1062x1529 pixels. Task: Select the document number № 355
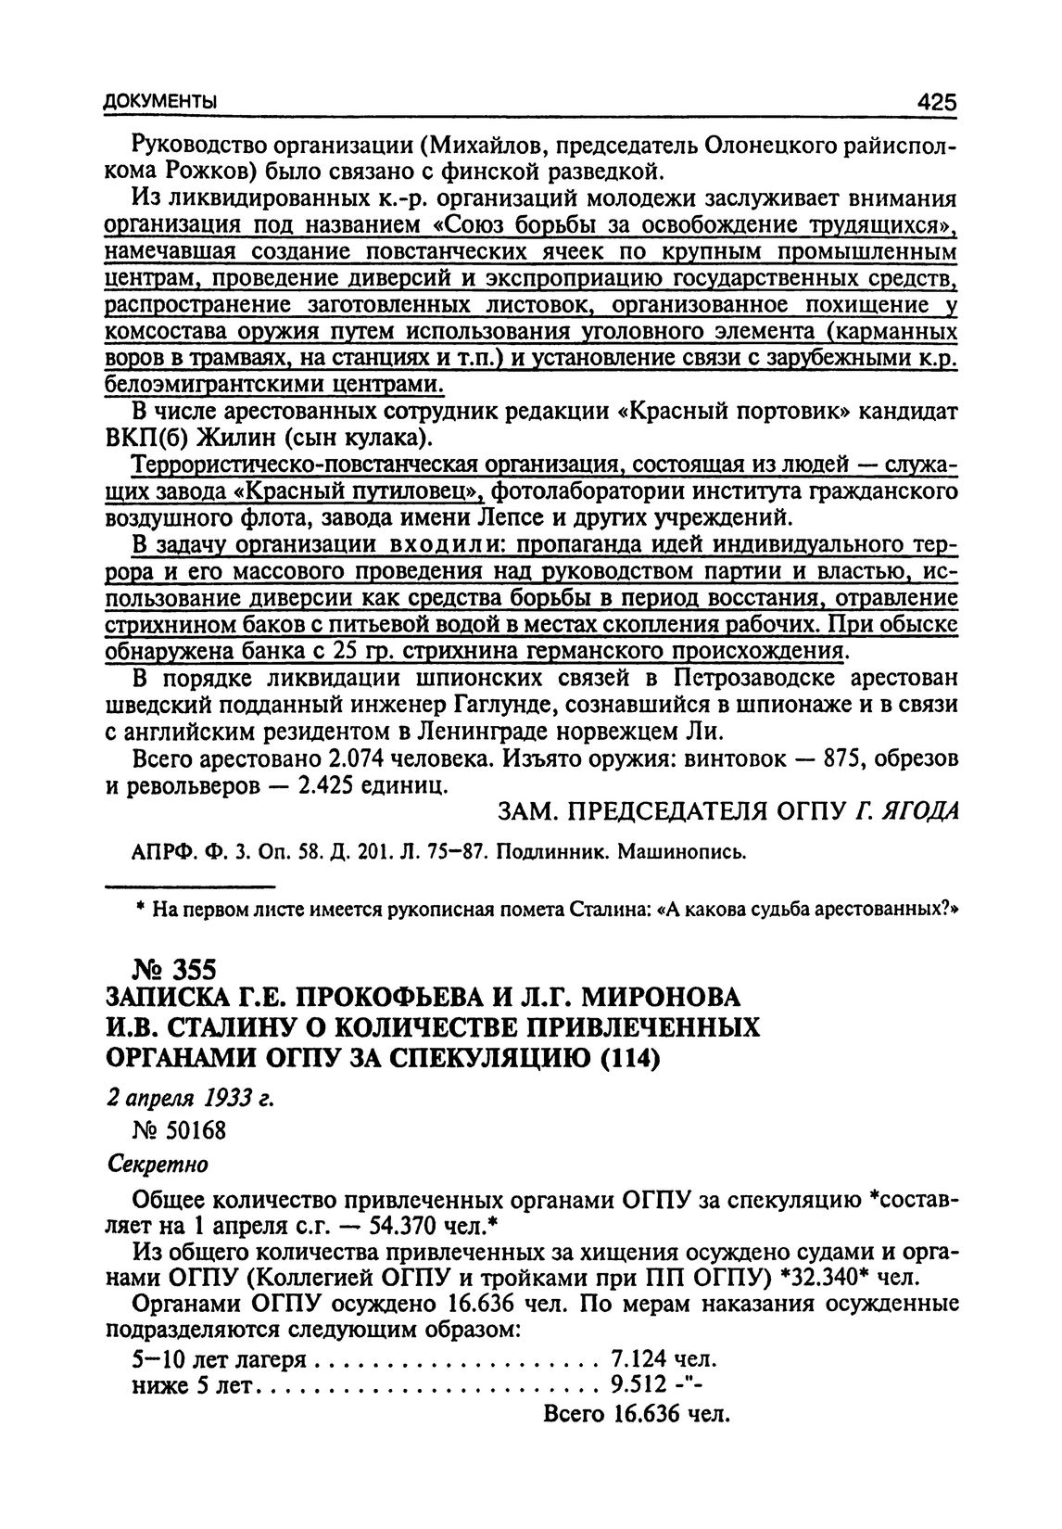tap(162, 970)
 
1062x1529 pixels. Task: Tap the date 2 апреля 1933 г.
tap(192, 1099)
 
